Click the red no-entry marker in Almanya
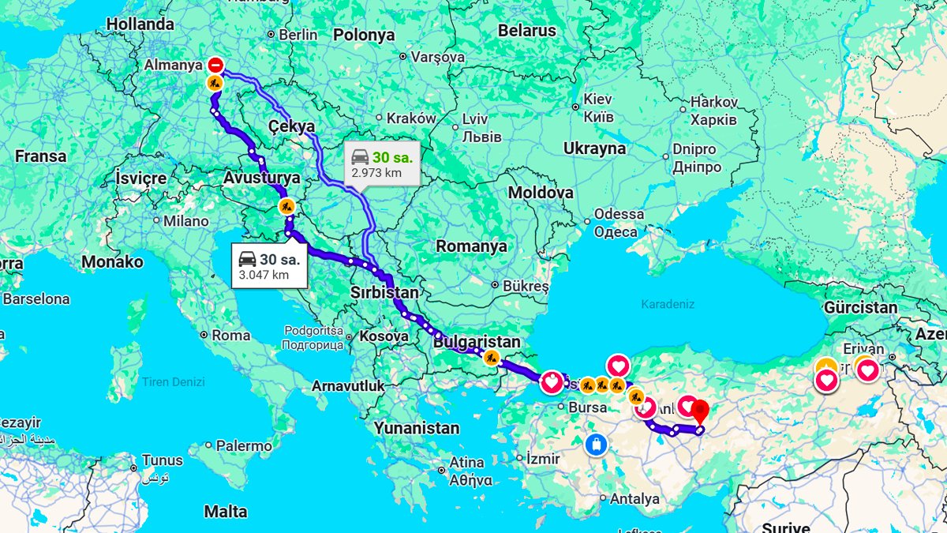(x=215, y=66)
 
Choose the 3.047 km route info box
(x=269, y=266)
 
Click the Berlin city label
(x=298, y=35)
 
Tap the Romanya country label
(x=471, y=246)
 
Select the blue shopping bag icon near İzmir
(x=597, y=444)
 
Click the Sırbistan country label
(x=385, y=293)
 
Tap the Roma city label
(x=230, y=335)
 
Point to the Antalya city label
(x=634, y=499)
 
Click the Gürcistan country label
(x=860, y=308)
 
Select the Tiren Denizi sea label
(x=173, y=382)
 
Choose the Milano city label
(x=185, y=221)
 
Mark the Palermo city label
(x=244, y=446)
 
